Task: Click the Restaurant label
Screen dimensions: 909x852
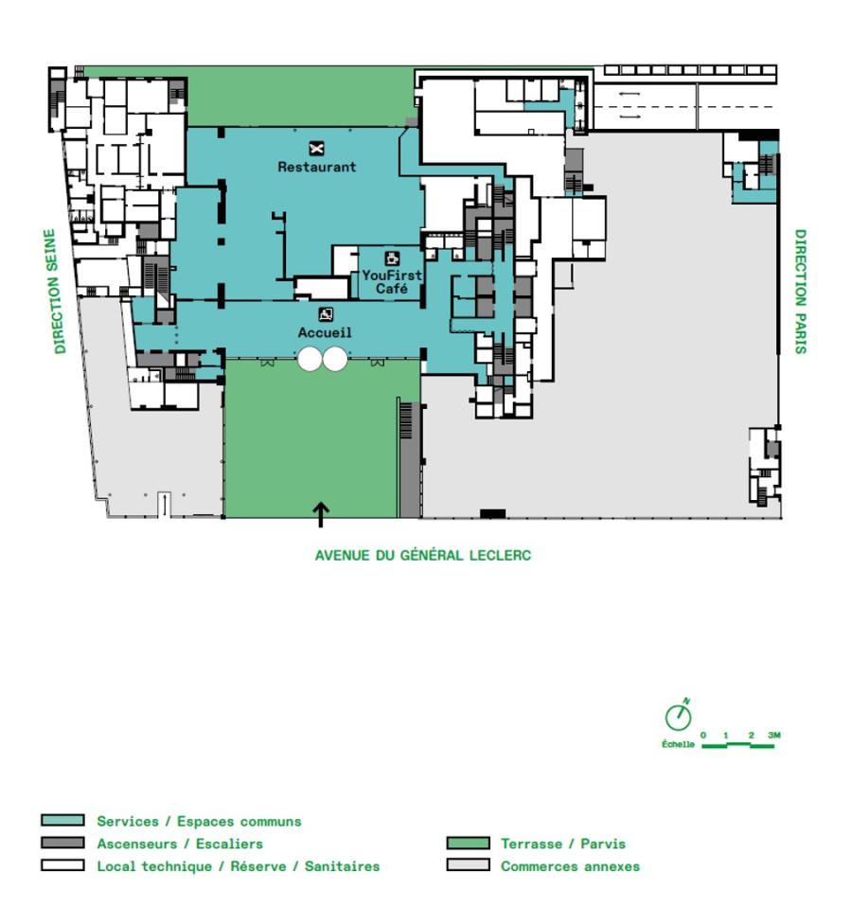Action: click(316, 167)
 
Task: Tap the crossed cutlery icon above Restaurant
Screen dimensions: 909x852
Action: click(316, 147)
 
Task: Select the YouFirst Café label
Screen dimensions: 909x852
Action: click(391, 281)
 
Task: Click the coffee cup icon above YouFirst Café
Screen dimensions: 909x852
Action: click(391, 258)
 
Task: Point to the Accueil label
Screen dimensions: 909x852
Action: click(325, 332)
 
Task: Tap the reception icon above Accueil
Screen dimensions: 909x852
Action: click(325, 314)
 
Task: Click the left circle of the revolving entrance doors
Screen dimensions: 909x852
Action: click(309, 359)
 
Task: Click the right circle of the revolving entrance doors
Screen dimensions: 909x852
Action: click(334, 359)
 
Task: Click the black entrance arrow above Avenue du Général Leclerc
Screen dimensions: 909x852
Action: click(321, 514)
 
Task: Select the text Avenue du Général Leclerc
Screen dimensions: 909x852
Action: click(422, 556)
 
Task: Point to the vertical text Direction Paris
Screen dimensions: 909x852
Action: click(800, 292)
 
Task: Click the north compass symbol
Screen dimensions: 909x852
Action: click(678, 717)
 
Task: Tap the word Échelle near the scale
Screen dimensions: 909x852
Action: click(678, 744)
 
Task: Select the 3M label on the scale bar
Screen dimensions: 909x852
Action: click(773, 736)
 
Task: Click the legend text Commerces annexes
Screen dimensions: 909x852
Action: click(570, 865)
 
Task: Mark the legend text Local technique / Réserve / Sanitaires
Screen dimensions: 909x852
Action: click(238, 865)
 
